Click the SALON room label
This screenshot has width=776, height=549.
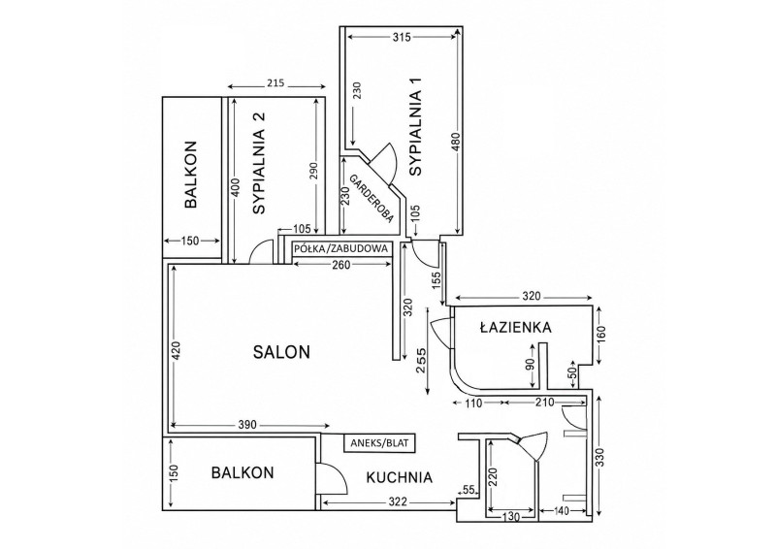pos(281,352)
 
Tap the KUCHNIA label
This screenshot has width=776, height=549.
pos(399,478)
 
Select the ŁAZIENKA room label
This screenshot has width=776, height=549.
pos(515,327)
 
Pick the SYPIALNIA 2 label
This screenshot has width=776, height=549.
pos(259,163)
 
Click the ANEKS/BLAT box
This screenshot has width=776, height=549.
pos(379,443)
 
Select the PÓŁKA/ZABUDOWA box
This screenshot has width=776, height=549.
pos(341,248)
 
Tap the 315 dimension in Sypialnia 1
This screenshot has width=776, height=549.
pos(401,37)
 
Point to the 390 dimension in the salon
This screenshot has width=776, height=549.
pos(247,425)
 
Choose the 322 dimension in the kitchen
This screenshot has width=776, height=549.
pos(398,502)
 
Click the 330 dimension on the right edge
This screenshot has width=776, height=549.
pos(598,459)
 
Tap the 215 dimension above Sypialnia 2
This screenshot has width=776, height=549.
pos(275,82)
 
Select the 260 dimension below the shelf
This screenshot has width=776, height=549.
pos(341,265)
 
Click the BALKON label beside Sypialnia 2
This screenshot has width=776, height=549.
pos(191,175)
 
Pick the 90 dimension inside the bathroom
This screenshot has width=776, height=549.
pos(530,366)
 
